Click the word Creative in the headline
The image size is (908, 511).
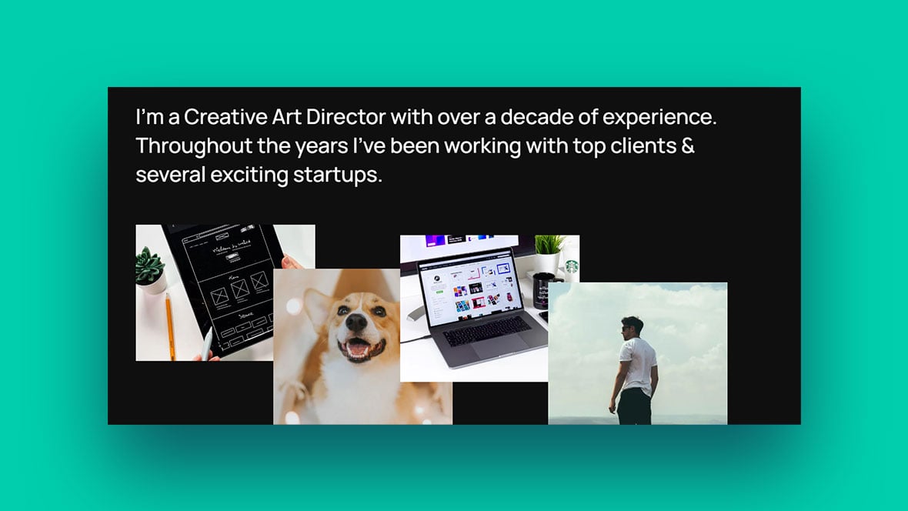click(x=225, y=117)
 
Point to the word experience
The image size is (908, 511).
click(x=659, y=119)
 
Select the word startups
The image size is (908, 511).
click(x=337, y=175)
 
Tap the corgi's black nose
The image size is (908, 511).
click(x=356, y=322)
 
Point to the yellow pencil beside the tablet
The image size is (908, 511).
click(x=170, y=326)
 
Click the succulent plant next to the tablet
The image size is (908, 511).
click(x=149, y=266)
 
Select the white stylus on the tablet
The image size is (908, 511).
click(x=207, y=344)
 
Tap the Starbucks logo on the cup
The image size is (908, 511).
click(x=572, y=266)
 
